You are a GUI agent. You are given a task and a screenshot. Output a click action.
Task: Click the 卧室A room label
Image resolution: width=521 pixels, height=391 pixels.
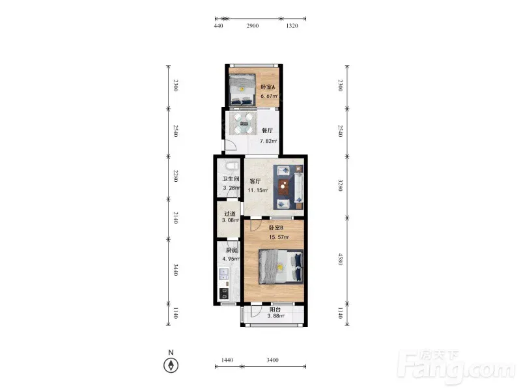(268, 87)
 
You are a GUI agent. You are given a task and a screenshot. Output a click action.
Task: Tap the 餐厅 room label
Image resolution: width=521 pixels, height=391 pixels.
(267, 130)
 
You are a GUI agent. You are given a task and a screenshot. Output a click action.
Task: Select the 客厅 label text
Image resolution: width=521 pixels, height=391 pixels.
(255, 181)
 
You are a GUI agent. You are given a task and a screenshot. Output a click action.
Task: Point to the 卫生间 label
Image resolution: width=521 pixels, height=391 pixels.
(231, 179)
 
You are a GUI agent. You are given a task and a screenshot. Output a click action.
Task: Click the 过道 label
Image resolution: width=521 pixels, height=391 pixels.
(230, 214)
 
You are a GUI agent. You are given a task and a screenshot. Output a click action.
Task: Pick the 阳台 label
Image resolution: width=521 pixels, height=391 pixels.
(275, 309)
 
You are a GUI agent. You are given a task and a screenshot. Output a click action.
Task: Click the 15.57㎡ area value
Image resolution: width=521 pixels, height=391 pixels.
(279, 237)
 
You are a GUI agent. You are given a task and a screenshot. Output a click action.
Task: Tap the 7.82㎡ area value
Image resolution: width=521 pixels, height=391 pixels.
(268, 141)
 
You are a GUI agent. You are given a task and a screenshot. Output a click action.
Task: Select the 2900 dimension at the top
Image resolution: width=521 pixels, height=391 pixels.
(253, 25)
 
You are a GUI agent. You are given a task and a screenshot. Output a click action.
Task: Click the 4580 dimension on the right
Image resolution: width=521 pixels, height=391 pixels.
(340, 259)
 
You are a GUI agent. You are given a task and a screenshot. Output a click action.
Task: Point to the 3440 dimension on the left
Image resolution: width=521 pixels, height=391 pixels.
(176, 270)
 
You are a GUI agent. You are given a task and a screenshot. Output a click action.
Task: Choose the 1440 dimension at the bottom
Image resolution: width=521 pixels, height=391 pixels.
(227, 360)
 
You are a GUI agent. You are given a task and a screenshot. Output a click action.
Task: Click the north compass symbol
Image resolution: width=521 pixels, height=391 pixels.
(171, 366)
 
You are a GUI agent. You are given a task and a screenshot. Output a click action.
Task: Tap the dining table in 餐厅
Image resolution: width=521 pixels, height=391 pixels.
(243, 123)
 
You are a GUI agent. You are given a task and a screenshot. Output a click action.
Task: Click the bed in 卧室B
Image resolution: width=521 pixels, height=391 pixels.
(281, 267)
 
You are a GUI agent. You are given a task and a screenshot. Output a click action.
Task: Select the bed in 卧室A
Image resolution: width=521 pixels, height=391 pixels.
(242, 89)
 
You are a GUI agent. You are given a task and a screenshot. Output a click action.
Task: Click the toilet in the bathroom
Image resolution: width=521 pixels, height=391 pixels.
(232, 166)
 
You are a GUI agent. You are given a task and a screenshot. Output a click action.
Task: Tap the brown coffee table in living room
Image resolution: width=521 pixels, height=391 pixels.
(283, 186)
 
